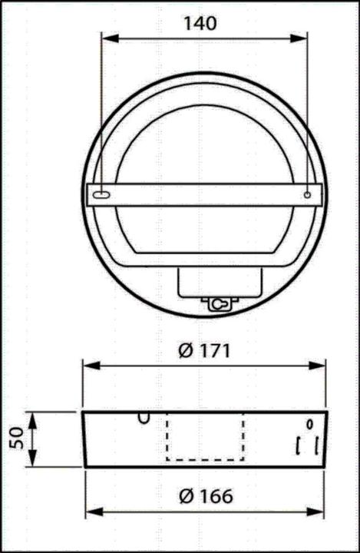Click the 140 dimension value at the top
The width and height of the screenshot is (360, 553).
click(200, 23)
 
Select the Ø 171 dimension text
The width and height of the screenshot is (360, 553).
click(205, 351)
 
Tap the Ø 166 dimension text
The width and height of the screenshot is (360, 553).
click(205, 496)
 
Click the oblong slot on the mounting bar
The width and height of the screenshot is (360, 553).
click(102, 196)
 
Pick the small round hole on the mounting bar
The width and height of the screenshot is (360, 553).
click(307, 196)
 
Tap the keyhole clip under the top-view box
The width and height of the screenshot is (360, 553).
click(220, 304)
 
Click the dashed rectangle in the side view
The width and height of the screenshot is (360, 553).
click(205, 437)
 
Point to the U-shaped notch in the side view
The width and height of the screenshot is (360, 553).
click(144, 417)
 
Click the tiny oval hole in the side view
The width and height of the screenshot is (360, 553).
click(309, 423)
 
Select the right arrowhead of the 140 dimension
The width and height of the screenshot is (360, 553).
click(303, 38)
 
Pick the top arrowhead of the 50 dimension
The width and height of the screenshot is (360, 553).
click(32, 416)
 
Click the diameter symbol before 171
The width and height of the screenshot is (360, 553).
click(184, 351)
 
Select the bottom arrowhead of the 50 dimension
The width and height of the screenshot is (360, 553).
click(32, 461)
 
